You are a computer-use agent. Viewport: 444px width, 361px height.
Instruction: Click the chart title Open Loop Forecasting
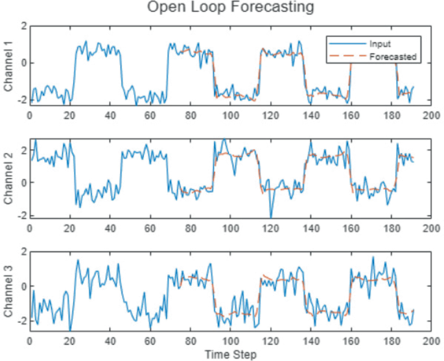coord(230,8)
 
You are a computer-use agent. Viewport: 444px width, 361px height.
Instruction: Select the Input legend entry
coord(380,44)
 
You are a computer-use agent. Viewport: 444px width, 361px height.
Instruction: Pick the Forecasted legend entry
coord(393,57)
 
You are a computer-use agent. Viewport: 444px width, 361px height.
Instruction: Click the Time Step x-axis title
coord(230,355)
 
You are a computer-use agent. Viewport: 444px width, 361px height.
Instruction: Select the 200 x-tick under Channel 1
coord(432,115)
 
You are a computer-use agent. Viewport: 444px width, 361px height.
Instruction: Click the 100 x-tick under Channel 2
coord(230,229)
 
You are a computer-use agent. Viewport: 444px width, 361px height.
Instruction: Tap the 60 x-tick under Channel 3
coord(150,342)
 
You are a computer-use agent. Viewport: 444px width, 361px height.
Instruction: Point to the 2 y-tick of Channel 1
coord(23,26)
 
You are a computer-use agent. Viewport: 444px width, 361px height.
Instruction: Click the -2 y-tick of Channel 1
coord(21,101)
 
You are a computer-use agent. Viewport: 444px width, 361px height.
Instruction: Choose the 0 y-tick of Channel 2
coord(23,182)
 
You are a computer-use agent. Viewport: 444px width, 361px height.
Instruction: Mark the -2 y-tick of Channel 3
coord(21,321)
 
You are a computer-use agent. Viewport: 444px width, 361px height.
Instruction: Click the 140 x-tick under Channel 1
coord(311,115)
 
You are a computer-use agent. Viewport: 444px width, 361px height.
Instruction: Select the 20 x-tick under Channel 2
coord(69,229)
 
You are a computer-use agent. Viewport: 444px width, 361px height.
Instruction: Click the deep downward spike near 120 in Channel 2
coord(271,215)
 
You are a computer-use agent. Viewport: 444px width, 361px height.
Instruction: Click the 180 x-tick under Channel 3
coord(391,342)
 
